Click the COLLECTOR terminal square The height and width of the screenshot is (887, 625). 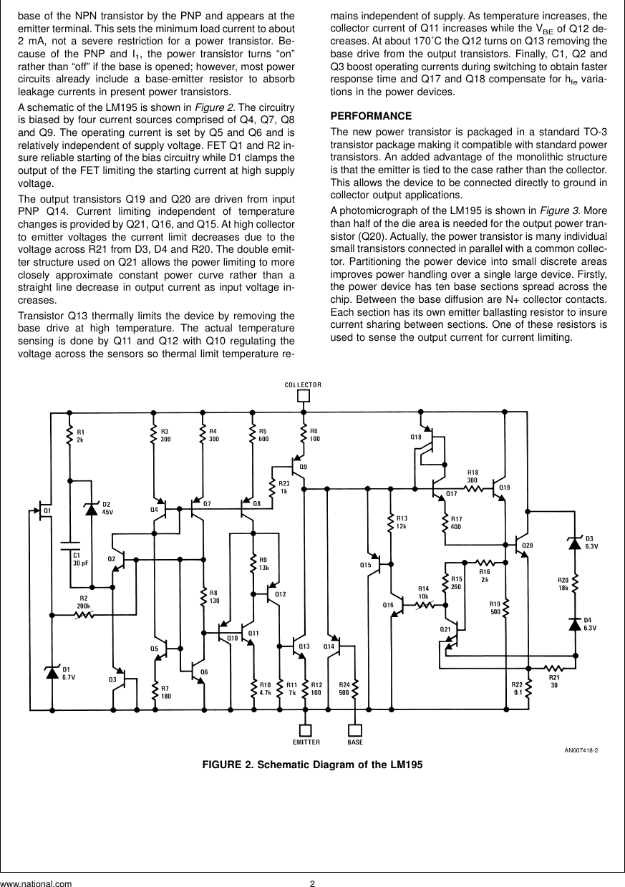click(x=304, y=395)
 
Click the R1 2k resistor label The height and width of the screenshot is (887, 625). click(x=80, y=435)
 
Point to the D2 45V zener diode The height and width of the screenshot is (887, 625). click(x=92, y=508)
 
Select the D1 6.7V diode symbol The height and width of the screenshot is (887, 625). click(x=52, y=672)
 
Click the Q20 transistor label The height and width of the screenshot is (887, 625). click(x=528, y=546)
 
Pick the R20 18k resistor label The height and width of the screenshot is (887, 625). click(x=563, y=583)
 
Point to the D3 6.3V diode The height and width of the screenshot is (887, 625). click(x=573, y=543)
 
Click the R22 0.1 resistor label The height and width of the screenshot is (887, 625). click(x=517, y=689)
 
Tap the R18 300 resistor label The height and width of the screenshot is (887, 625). click(x=473, y=476)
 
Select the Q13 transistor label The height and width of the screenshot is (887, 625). click(x=304, y=646)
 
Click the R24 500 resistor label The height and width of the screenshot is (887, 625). click(x=344, y=689)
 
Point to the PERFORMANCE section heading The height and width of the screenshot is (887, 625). click(x=370, y=116)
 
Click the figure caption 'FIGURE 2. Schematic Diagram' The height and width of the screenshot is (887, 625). click(x=313, y=764)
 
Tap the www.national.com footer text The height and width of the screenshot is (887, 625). click(x=36, y=883)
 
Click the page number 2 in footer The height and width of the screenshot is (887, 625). click(x=312, y=883)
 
